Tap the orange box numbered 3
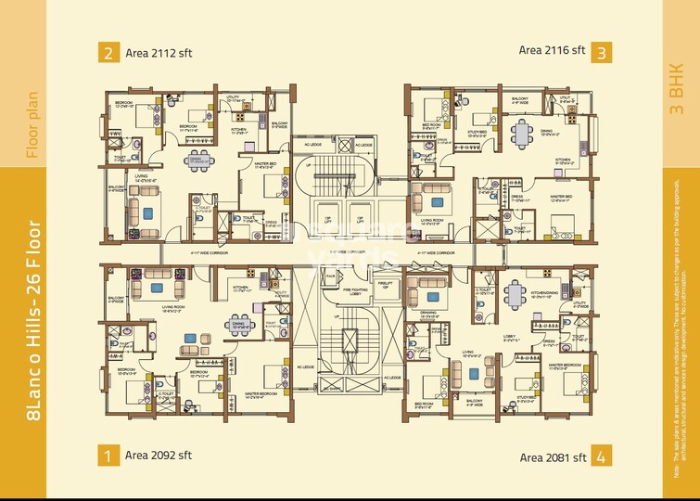click(603, 51)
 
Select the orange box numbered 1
click(108, 455)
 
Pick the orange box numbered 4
click(603, 456)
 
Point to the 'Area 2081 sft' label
click(553, 456)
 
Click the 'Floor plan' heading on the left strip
click(32, 125)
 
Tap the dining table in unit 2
click(197, 161)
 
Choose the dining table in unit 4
click(515, 293)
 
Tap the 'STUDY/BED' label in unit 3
click(477, 132)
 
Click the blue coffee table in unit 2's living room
click(148, 212)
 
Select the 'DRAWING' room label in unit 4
click(429, 314)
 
